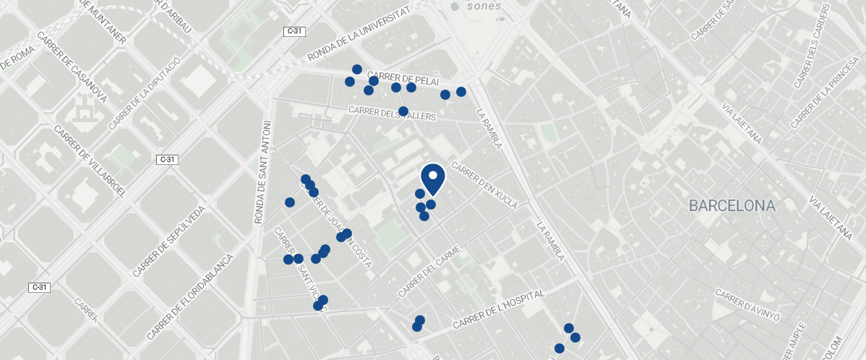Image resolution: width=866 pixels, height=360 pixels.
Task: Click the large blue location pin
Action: click(x=432, y=178)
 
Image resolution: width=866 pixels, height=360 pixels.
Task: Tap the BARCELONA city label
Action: click(x=732, y=206)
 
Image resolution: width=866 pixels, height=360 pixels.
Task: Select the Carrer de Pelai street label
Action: click(x=403, y=77)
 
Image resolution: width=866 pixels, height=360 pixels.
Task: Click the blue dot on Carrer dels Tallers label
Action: click(x=403, y=111)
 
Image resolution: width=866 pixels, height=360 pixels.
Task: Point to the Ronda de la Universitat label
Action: click(x=359, y=35)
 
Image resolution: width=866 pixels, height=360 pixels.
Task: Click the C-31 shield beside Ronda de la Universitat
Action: click(x=293, y=32)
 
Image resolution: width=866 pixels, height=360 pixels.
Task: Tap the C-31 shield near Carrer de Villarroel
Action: click(x=167, y=159)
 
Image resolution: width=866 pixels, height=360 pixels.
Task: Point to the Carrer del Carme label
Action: click(x=429, y=272)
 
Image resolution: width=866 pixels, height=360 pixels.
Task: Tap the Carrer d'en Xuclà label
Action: click(x=489, y=189)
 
